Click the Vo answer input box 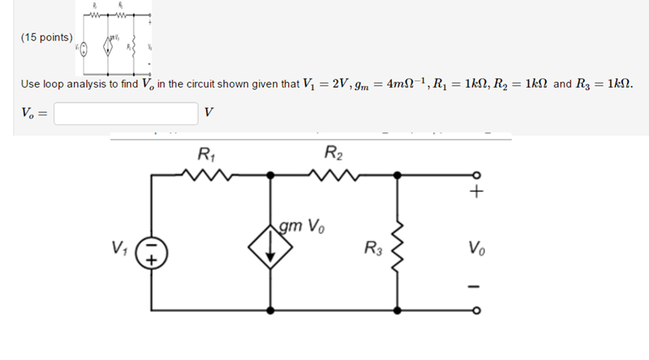126,113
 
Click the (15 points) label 47,37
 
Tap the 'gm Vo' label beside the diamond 301,225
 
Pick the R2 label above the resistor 331,153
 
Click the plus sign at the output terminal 477,193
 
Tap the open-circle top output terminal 478,174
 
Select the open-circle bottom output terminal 478,311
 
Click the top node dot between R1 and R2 270,174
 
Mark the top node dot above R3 396,174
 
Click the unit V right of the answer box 209,113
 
